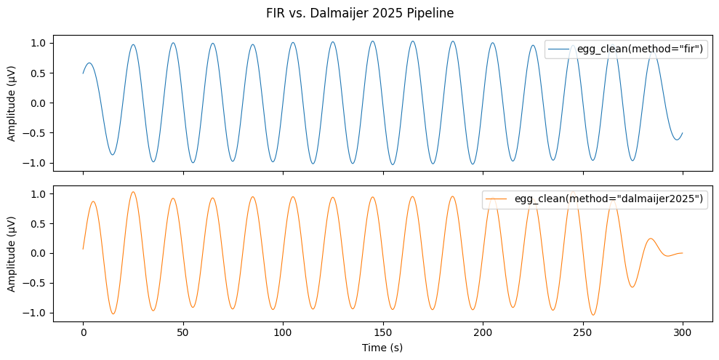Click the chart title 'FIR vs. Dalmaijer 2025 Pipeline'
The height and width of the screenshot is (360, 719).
pyautogui.click(x=359, y=14)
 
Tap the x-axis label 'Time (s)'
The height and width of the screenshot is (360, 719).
pyautogui.click(x=382, y=348)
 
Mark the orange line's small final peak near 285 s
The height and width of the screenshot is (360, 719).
pyautogui.click(x=651, y=239)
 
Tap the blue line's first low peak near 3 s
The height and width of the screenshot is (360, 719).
pyautogui.click(x=89, y=63)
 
